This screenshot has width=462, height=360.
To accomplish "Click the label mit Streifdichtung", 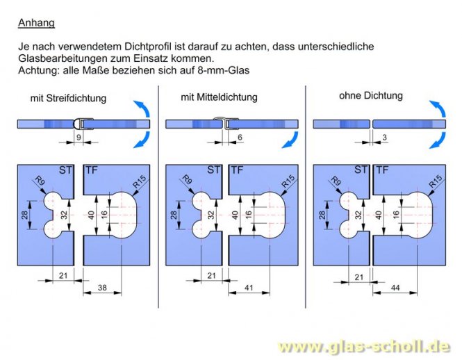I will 68,98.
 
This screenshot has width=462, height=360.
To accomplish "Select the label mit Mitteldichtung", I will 219,97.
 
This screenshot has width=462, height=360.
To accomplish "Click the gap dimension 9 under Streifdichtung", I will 78,137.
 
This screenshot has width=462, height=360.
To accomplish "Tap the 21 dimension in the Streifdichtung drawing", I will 62,277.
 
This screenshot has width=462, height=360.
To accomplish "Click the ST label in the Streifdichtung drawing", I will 67,170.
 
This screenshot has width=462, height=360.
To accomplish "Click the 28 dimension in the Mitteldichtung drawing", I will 174,215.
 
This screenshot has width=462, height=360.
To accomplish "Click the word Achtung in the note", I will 36,71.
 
